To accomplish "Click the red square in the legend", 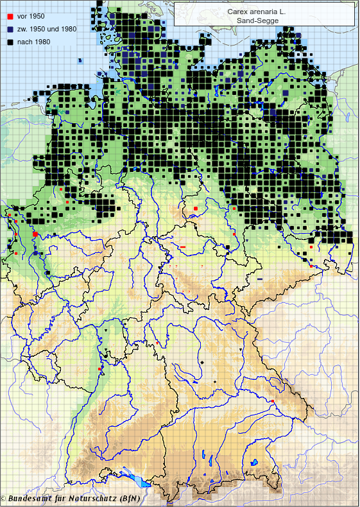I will tap(10, 16).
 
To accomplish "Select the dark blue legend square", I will tap(10, 29).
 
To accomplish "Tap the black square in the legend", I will tap(10, 42).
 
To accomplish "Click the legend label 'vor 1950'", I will tap(31, 16).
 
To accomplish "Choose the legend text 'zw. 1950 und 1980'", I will tap(47, 29).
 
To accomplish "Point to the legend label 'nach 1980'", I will tap(33, 42).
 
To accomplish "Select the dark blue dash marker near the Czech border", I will tap(260, 279).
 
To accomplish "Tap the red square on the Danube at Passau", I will tap(273, 402).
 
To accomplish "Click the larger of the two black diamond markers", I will tap(201, 363).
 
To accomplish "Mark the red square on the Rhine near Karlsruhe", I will tap(100, 369).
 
